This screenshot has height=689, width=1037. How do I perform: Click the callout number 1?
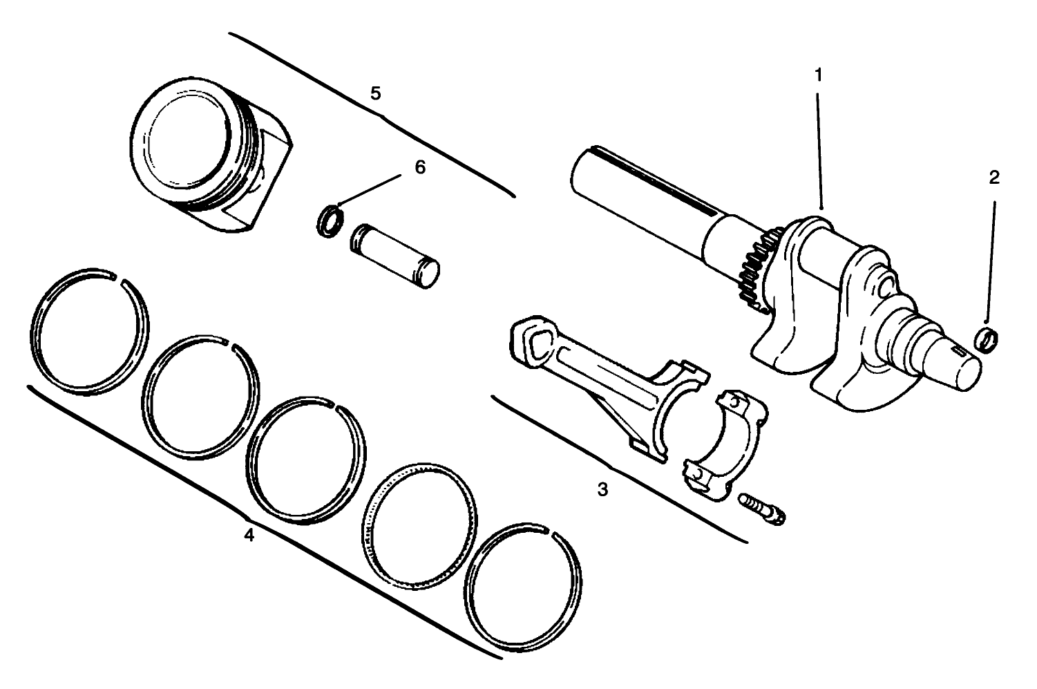pyautogui.click(x=819, y=75)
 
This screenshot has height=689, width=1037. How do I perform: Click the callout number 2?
pyautogui.click(x=994, y=178)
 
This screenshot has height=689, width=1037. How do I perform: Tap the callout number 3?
pyautogui.click(x=603, y=490)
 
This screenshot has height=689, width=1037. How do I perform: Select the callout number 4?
pyautogui.click(x=249, y=534)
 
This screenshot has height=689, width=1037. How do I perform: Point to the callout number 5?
pyautogui.click(x=375, y=93)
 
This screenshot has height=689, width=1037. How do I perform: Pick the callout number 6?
pyautogui.click(x=420, y=168)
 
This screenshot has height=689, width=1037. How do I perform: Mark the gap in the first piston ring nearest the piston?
pyautogui.click(x=117, y=280)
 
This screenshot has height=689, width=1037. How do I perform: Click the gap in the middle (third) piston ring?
pyautogui.click(x=334, y=404)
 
